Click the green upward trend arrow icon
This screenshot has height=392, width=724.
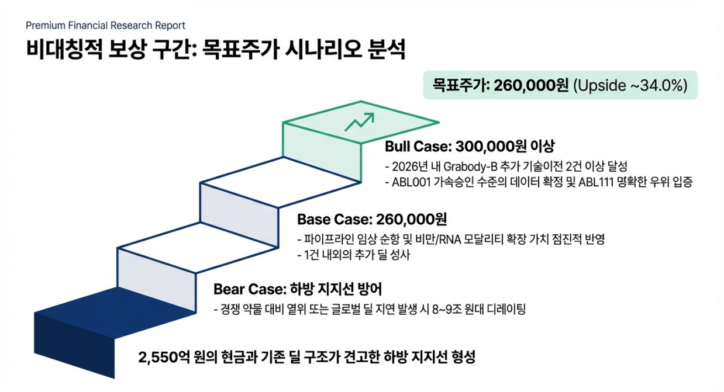[359, 122]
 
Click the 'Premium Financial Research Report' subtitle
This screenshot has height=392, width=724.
[105, 26]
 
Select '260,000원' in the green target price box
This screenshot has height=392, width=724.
[531, 85]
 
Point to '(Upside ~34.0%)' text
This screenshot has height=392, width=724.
[630, 85]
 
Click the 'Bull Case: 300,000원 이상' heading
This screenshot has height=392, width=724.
[469, 146]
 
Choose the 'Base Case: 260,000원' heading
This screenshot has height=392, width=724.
[372, 220]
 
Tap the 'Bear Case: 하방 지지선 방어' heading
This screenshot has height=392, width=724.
[298, 289]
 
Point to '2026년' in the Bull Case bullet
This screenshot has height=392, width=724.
[407, 166]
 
